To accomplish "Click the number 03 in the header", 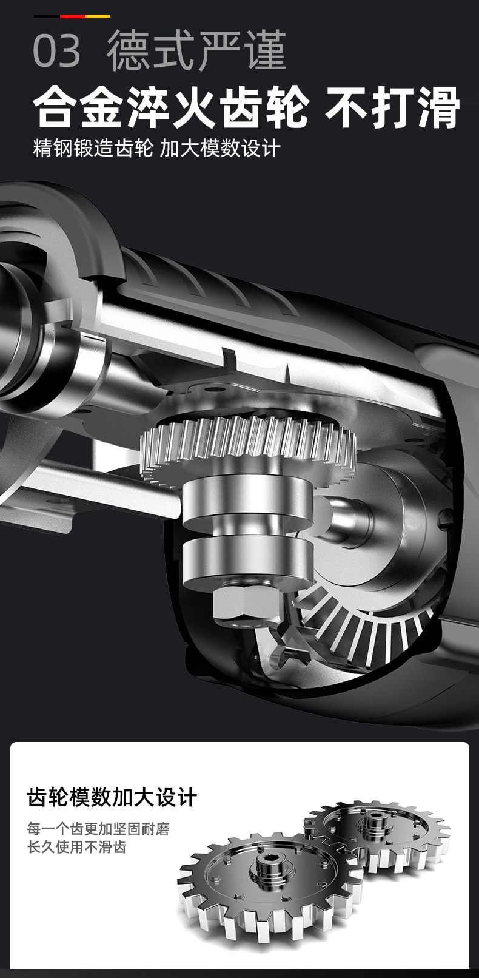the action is (x=57, y=50).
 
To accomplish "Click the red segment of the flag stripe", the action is (x=72, y=16).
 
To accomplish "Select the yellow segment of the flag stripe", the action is (x=98, y=16).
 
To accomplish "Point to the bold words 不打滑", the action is (x=393, y=107).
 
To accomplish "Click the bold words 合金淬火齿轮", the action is (x=172, y=107).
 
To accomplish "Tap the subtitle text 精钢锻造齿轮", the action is (x=93, y=149).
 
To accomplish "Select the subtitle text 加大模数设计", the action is (x=220, y=149).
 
